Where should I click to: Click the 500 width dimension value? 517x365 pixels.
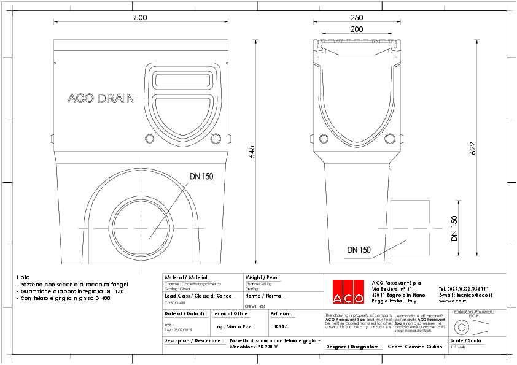pos(141,18)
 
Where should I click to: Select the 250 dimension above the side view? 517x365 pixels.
pos(356,18)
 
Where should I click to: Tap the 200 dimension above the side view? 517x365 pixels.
pos(356,29)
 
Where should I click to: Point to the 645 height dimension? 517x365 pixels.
pos(252,153)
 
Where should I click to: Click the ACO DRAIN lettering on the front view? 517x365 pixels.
pos(100,98)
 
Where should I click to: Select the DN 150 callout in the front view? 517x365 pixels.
pos(201,177)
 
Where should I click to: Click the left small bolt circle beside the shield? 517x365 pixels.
pos(149,139)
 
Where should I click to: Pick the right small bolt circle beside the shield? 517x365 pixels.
pos(215,139)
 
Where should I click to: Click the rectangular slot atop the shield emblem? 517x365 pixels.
pos(182,80)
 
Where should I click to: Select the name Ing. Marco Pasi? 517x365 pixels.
pos(234,327)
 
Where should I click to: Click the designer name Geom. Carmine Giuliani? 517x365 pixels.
pos(416,347)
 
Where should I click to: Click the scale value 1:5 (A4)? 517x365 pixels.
pos(457,347)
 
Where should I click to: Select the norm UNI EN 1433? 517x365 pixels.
pos(255,305)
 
